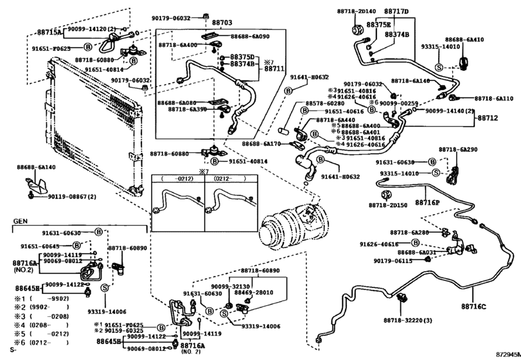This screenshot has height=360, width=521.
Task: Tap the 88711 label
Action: tap(274, 68)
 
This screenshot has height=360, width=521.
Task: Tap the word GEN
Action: tap(21, 220)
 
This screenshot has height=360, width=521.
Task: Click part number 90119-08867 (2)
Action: tap(75, 196)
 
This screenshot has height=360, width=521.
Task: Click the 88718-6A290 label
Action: tap(458, 149)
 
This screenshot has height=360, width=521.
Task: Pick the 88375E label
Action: tap(380, 24)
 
